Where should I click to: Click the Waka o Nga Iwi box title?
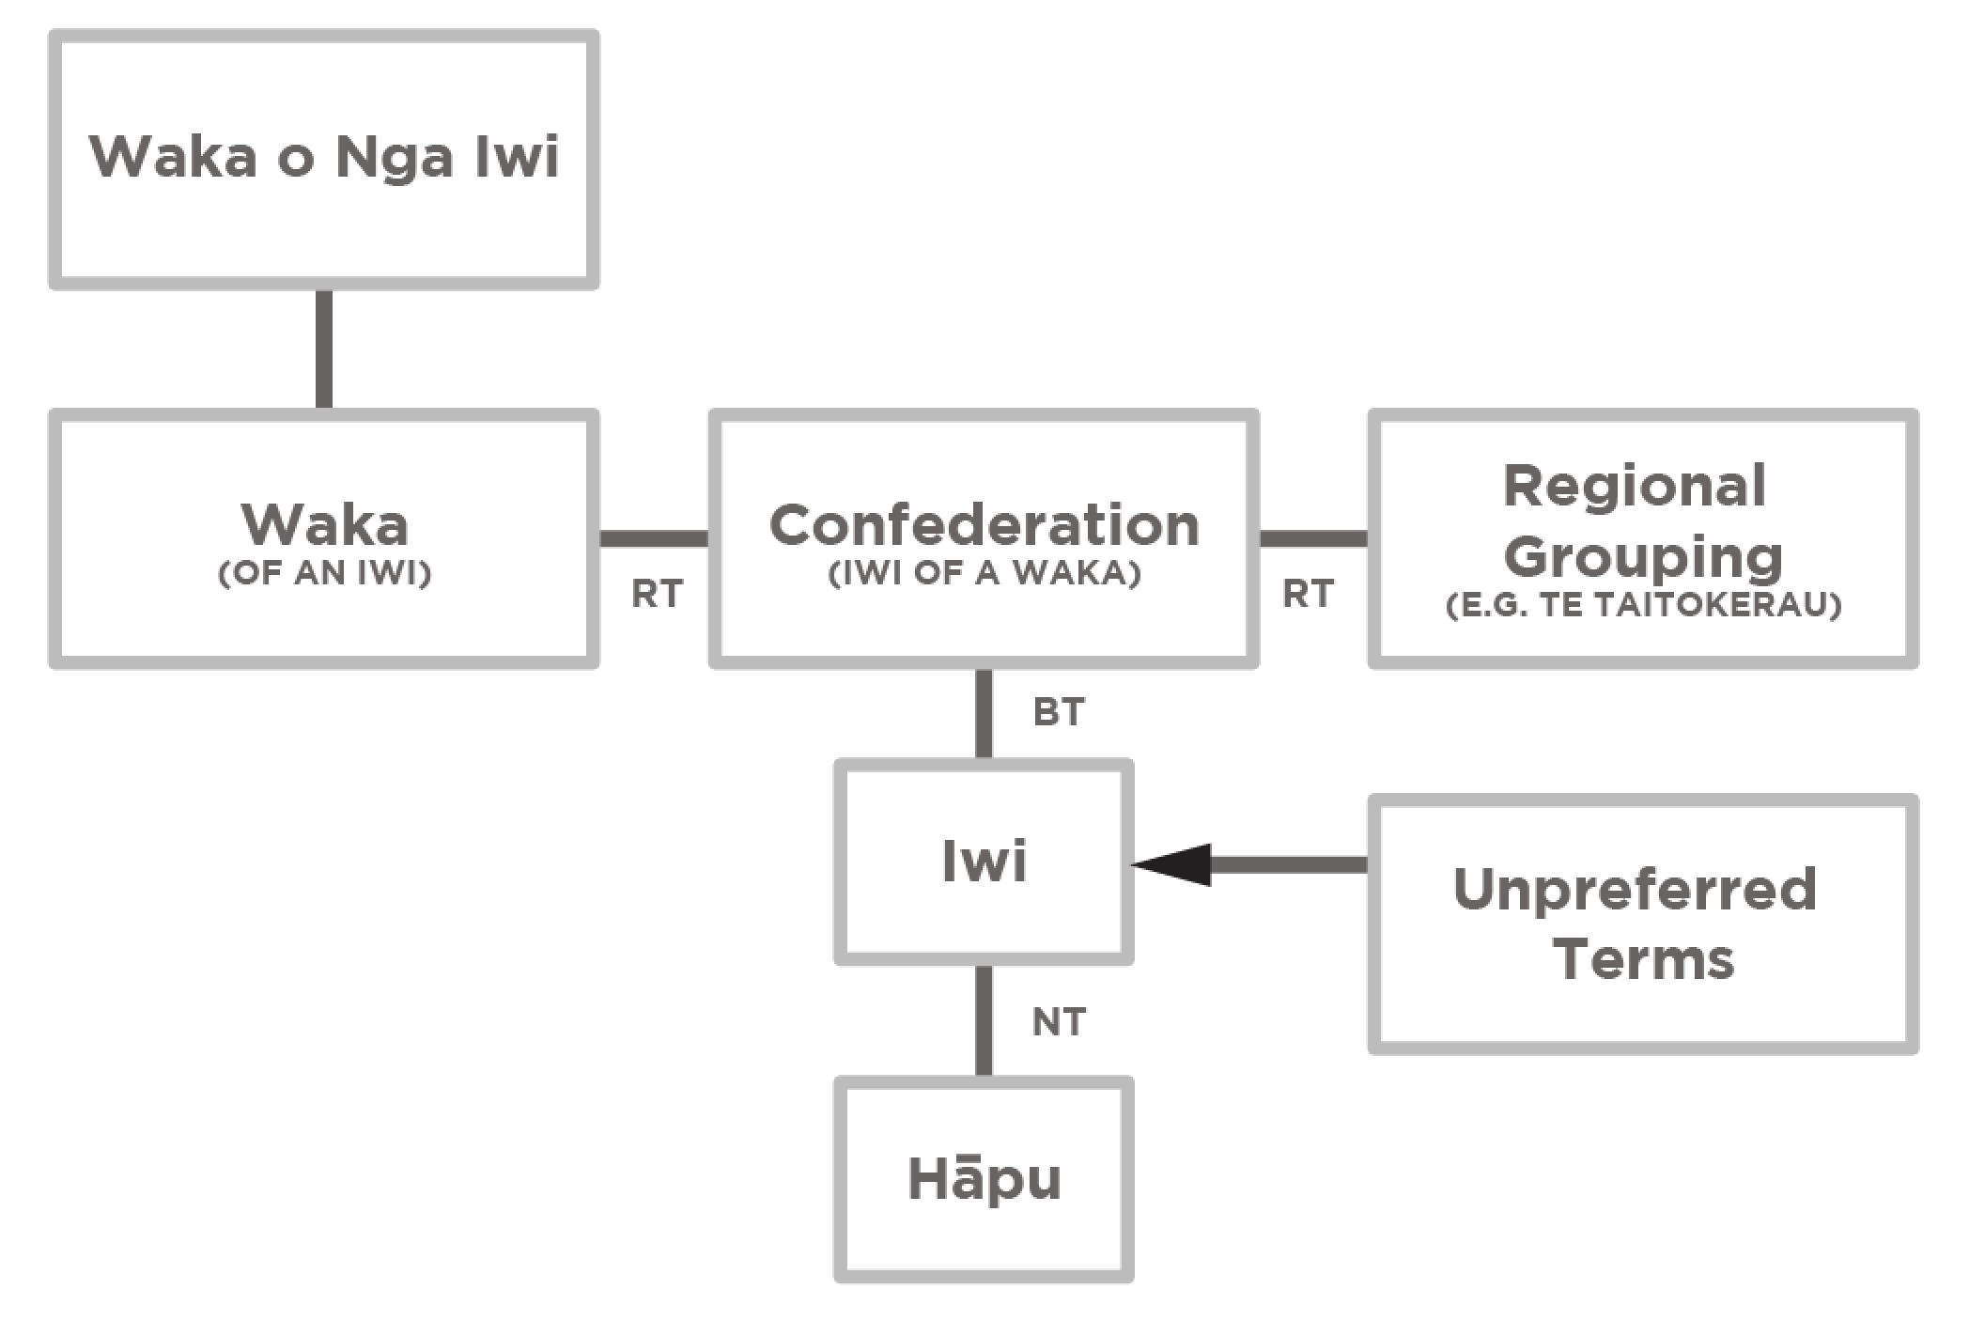324,157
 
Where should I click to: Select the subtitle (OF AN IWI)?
324,572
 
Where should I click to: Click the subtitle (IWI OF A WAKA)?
984,572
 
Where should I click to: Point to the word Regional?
1635,486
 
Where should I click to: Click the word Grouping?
1643,557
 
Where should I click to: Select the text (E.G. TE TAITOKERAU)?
1643,604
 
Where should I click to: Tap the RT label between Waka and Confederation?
657,594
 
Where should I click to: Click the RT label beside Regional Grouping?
1308,594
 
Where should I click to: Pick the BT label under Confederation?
1059,712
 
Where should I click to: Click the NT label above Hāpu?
1059,1022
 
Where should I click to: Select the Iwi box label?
984,861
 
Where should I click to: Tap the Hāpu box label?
984,1179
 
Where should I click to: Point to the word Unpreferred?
1635,889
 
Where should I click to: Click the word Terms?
1643,959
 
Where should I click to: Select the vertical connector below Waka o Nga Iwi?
323,348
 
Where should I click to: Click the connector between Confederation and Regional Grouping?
1312,538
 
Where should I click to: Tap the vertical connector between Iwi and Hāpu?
984,1019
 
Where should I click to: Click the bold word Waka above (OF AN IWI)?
324,524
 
